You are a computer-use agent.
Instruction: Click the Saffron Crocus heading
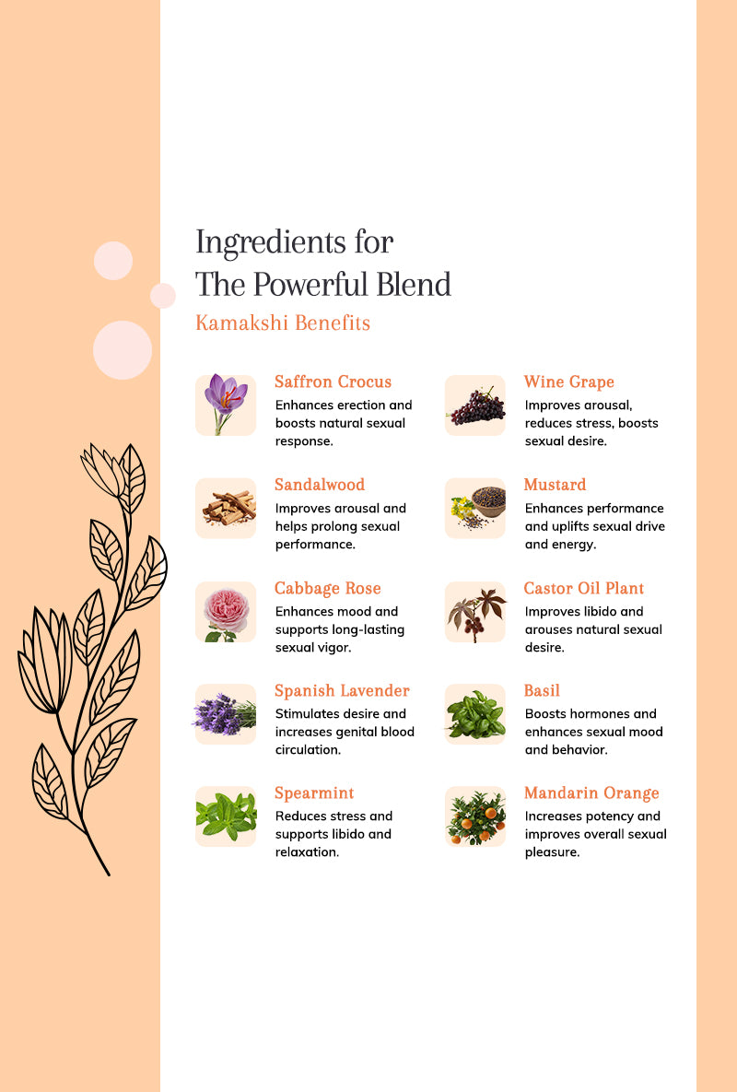coord(333,382)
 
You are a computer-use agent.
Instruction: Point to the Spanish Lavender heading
coord(342,691)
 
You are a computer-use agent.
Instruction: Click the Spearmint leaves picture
coord(226,816)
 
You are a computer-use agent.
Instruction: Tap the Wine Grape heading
coord(568,382)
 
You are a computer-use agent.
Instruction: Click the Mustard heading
coord(555,485)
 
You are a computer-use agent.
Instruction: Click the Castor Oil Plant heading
coord(584,589)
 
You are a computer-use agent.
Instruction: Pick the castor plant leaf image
coord(475,612)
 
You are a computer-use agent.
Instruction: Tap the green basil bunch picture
coord(475,714)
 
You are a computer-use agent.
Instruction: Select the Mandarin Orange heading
coord(591,793)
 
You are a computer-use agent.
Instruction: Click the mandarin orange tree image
coord(475,816)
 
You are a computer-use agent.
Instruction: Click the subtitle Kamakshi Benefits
coord(283,323)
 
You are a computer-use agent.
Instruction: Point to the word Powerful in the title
coord(310,284)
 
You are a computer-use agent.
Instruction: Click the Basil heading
coord(542,691)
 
